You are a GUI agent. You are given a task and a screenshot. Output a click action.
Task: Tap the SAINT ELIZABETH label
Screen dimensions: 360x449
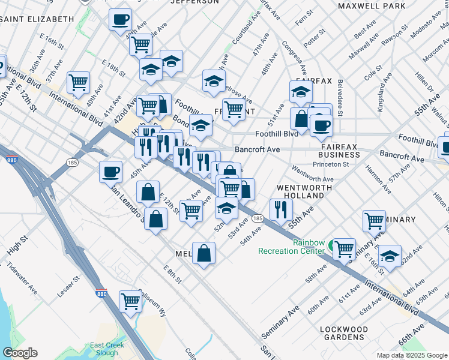(38, 19)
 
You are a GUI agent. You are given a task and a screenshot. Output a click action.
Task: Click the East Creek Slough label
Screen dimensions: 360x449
(107, 349)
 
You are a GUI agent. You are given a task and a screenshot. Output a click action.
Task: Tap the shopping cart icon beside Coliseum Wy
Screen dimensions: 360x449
(130, 301)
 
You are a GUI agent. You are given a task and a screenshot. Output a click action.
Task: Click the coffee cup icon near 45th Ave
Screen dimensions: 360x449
(110, 172)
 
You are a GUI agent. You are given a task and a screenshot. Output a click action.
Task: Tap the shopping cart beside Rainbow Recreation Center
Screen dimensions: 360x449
(344, 248)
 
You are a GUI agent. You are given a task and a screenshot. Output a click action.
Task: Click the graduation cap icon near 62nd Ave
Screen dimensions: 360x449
(390, 256)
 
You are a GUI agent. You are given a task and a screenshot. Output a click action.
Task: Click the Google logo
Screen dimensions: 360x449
(20, 353)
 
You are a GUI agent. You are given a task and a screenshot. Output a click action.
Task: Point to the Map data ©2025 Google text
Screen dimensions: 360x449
(411, 355)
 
